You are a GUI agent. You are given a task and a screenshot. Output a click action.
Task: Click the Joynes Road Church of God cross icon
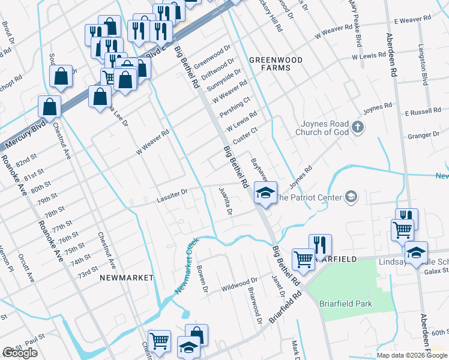pos(358,127)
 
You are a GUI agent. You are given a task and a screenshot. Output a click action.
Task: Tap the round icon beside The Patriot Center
pos(351,197)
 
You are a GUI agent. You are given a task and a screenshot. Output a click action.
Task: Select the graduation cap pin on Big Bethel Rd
pos(265,193)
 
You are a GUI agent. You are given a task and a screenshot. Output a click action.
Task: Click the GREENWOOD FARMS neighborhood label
pos(270,64)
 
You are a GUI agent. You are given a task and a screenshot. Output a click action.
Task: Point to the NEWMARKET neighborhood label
pos(126,278)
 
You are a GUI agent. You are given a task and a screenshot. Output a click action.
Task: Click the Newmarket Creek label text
pos(187,266)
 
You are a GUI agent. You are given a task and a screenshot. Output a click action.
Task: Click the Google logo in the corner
pos(20,353)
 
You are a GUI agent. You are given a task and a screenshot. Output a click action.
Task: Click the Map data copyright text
pos(412,355)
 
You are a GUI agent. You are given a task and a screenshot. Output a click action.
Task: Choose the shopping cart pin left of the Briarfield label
pos(304,260)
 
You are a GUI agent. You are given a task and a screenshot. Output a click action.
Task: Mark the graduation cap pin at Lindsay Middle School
pos(416,253)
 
